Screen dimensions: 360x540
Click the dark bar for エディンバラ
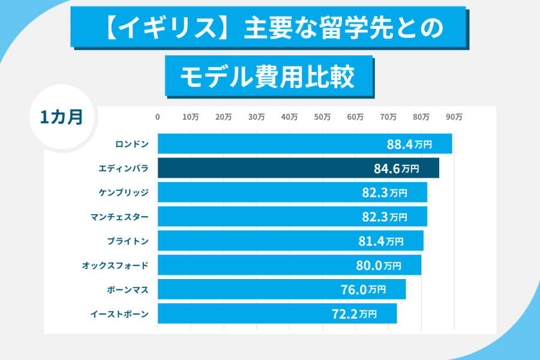[x=298, y=168]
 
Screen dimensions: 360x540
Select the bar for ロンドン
[x=305, y=144]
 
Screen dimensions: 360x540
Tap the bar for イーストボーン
[x=277, y=313]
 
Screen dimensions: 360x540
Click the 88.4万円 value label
[x=409, y=145]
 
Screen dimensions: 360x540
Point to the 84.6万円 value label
[x=396, y=169]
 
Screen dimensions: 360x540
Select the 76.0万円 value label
[x=363, y=289]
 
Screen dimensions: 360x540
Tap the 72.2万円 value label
[x=354, y=313]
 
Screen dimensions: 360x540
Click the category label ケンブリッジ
[x=123, y=193]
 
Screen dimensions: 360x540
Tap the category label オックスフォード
[x=115, y=265]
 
